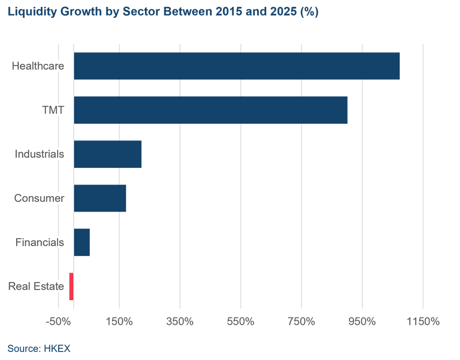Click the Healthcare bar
(236, 66)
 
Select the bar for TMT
(210, 110)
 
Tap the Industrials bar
(108, 154)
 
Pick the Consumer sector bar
(100, 198)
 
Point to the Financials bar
(82, 242)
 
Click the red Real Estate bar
(71, 286)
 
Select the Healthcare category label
(38, 66)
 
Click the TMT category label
(53, 110)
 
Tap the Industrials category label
(39, 154)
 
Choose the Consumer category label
(39, 198)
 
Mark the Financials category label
(40, 242)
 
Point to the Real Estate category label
(36, 286)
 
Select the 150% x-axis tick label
(119, 321)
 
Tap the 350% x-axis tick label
(180, 321)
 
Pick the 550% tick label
(241, 321)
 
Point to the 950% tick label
(362, 321)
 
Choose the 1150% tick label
(423, 321)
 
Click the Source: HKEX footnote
(39, 348)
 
